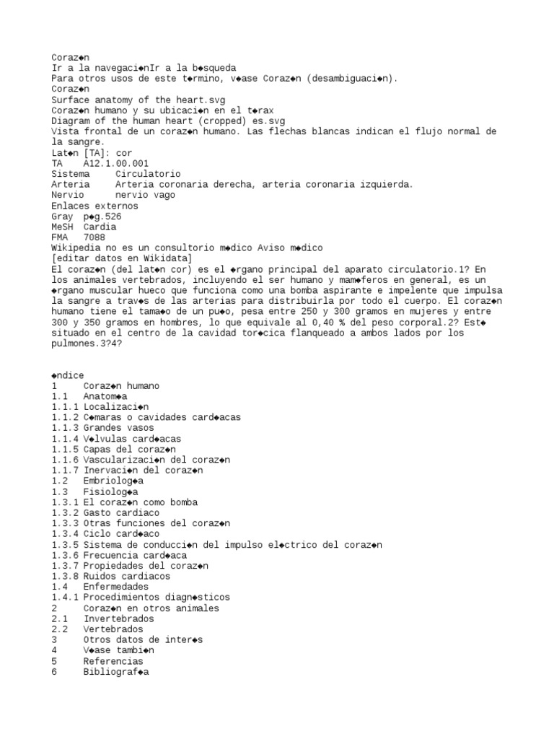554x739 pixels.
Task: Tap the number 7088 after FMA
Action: [94, 237]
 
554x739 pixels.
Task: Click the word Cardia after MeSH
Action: [100, 227]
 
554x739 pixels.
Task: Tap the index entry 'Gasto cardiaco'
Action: [121, 512]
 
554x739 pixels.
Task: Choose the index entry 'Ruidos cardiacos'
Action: [126, 576]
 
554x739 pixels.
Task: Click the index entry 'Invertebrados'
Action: [118, 618]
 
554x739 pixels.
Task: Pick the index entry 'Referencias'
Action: [113, 661]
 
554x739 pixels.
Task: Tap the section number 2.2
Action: [60, 629]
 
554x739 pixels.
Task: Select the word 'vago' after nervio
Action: [164, 195]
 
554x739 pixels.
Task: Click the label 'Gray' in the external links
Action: [63, 217]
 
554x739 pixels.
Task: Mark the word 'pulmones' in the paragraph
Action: [76, 344]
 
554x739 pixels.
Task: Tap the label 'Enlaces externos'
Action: [94, 206]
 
